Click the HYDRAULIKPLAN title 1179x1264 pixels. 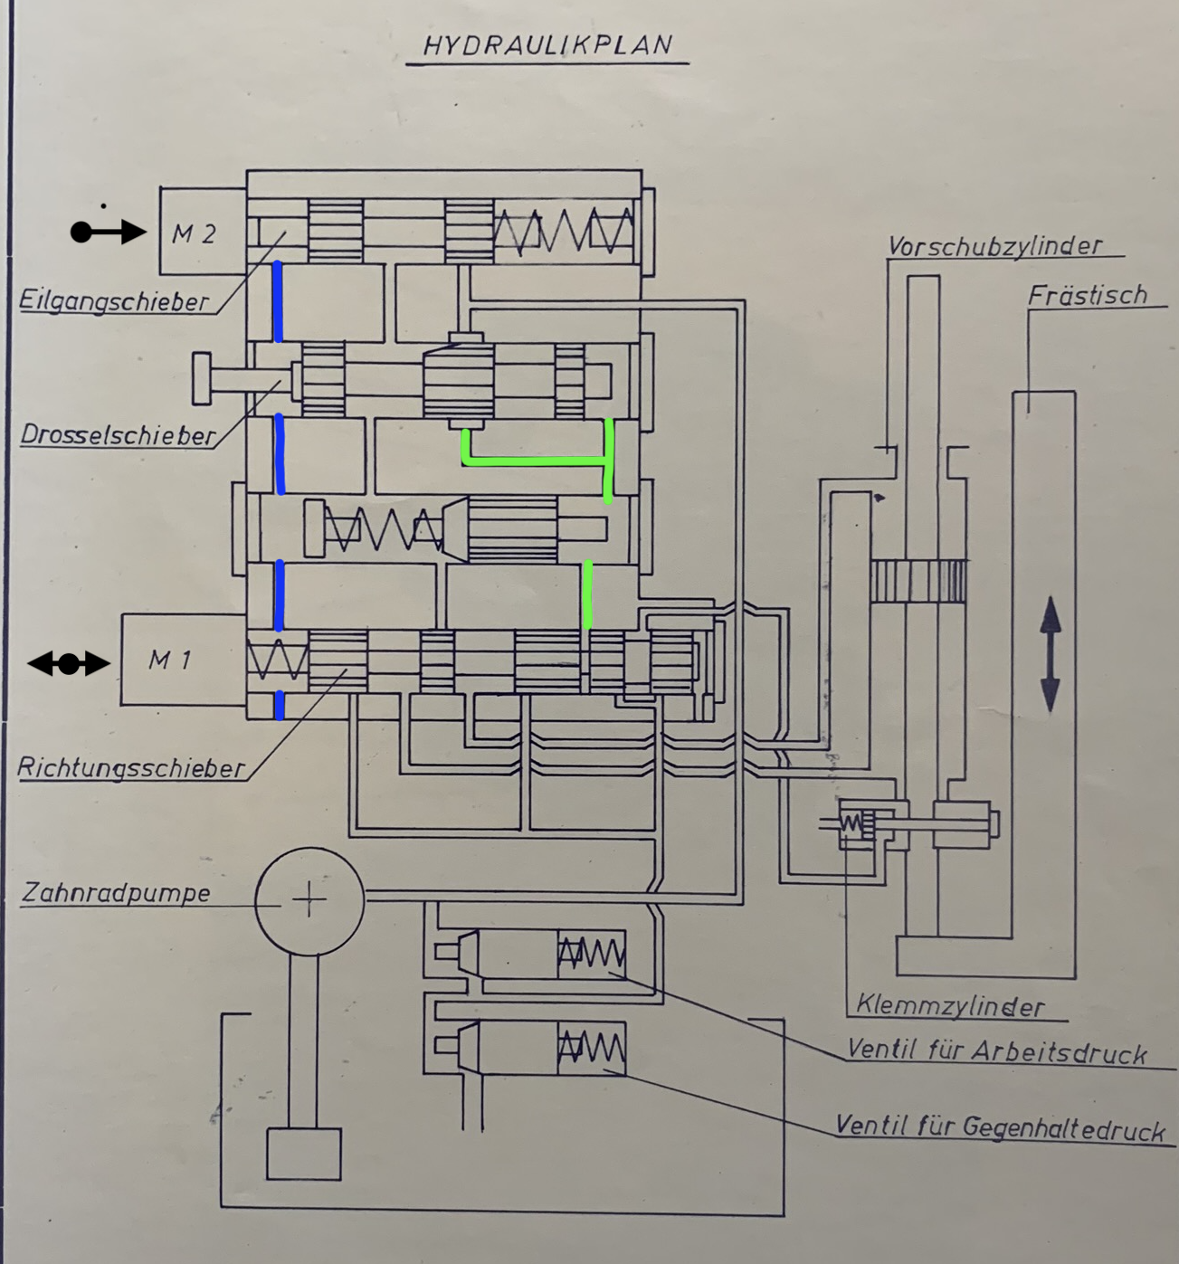coord(547,45)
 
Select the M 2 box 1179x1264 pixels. coord(203,231)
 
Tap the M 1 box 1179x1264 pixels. coord(184,660)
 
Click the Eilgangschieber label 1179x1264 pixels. coord(114,300)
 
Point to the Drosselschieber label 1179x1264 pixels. coord(118,435)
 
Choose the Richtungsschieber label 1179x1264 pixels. coord(131,767)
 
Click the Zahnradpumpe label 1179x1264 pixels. coord(116,893)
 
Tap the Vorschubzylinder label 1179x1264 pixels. coord(995,246)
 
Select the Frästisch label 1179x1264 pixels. coord(1088,295)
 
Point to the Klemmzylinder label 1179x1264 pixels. coord(950,1006)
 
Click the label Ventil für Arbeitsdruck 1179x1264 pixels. coord(997,1052)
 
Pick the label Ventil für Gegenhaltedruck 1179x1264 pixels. coord(1000,1128)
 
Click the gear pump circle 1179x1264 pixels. coord(310,900)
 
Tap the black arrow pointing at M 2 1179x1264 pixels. coord(108,233)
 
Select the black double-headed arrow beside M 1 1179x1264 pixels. coord(69,664)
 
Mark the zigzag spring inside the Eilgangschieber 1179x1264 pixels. coord(564,231)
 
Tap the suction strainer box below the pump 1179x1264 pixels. coord(304,1154)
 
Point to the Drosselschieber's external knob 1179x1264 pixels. coord(202,379)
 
